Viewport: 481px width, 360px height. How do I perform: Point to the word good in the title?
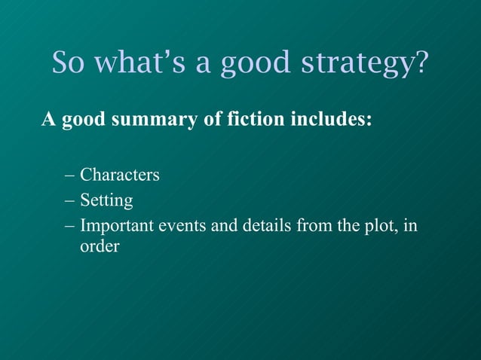(x=254, y=64)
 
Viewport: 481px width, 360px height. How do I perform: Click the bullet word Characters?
(x=120, y=175)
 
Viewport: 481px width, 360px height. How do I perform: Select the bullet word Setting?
(x=106, y=201)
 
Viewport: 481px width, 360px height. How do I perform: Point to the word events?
(x=182, y=225)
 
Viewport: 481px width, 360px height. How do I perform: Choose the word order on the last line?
(x=100, y=246)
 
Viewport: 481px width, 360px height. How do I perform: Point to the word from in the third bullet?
(x=314, y=225)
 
